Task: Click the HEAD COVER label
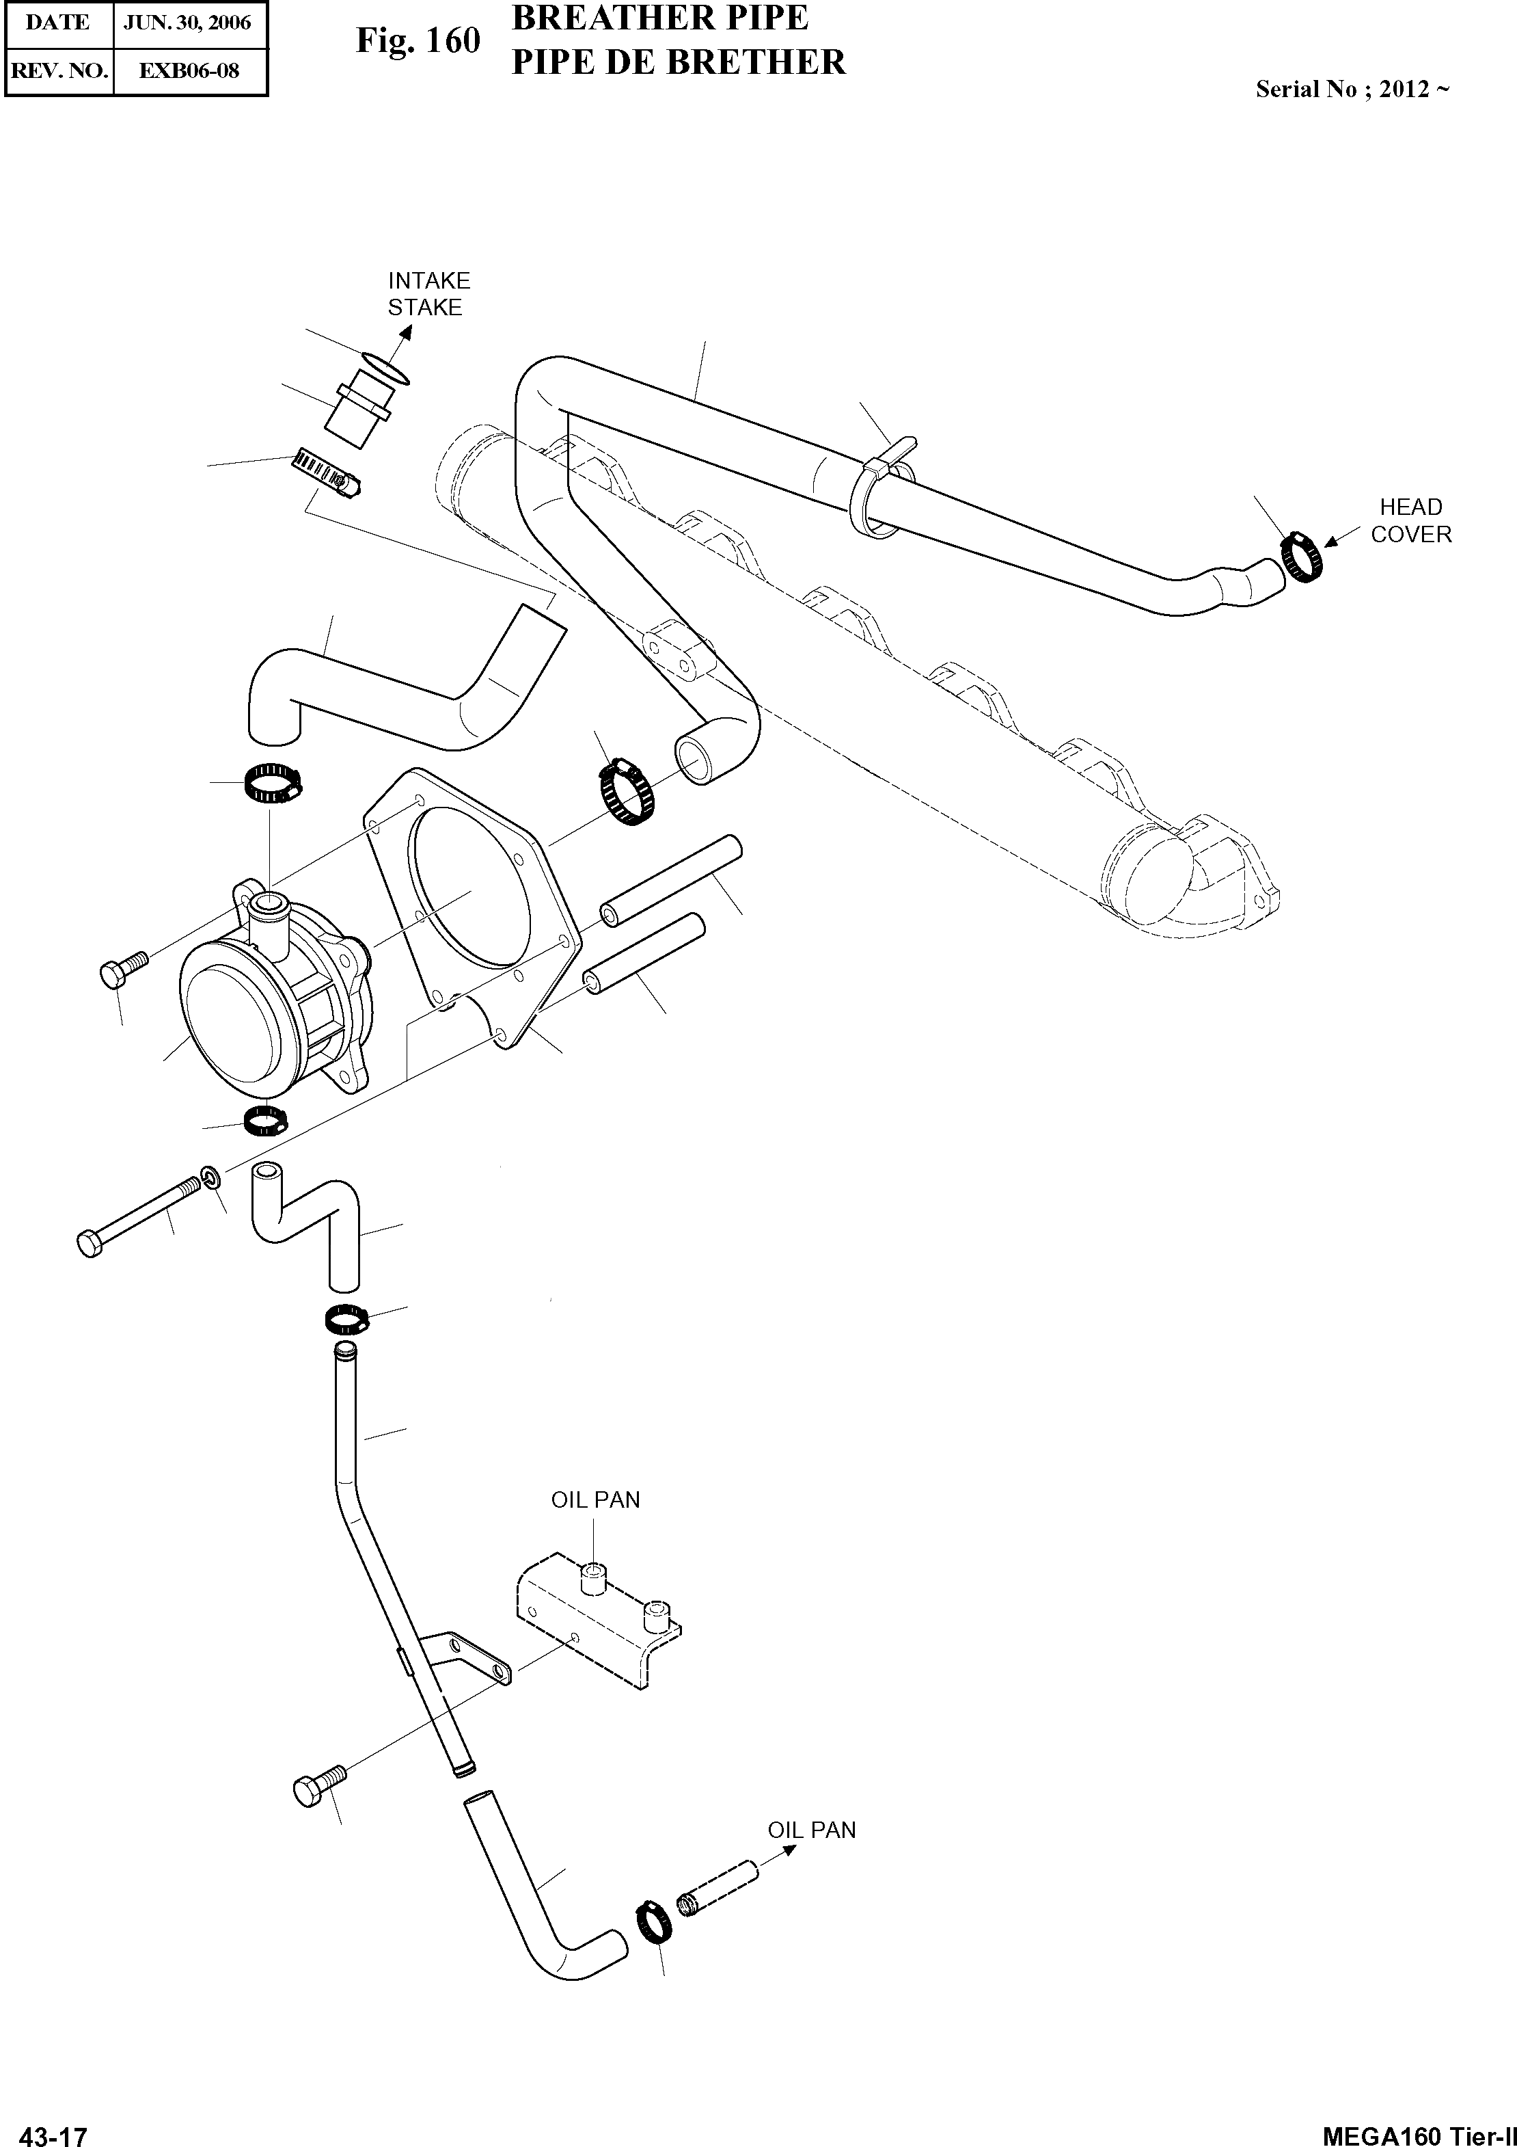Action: pyautogui.click(x=1410, y=521)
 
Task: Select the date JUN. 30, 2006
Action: pyautogui.click(x=188, y=23)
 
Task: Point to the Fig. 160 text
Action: pyautogui.click(x=418, y=41)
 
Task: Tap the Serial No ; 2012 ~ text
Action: pyautogui.click(x=1352, y=90)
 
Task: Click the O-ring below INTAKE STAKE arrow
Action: pyautogui.click(x=383, y=369)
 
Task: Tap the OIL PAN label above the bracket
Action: pyautogui.click(x=595, y=1500)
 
